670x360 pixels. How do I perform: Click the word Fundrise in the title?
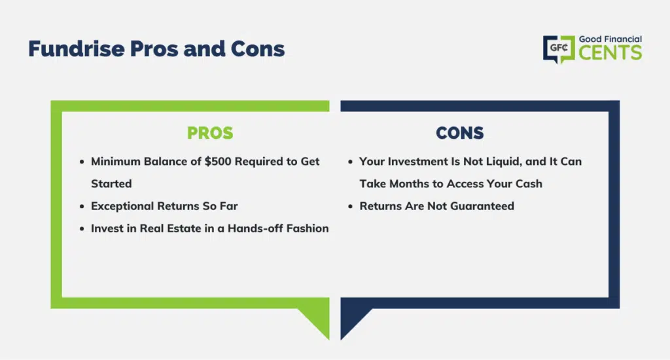coord(77,48)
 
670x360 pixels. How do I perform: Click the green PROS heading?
coord(210,133)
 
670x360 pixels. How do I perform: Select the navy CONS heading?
coord(460,133)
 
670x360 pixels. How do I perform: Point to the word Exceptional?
coord(122,206)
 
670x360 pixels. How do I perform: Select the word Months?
coord(409,183)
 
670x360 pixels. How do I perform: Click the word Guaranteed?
coord(482,206)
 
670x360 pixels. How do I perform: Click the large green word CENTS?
coord(610,52)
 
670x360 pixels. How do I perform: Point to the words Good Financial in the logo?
coord(610,39)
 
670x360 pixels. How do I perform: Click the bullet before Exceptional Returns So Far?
coord(82,206)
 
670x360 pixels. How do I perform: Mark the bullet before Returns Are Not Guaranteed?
coord(351,206)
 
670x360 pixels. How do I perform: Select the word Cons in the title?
coord(258,48)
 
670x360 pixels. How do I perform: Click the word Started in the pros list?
coord(111,183)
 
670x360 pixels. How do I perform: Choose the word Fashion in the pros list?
coord(308,228)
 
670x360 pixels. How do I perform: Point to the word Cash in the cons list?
coord(529,183)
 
